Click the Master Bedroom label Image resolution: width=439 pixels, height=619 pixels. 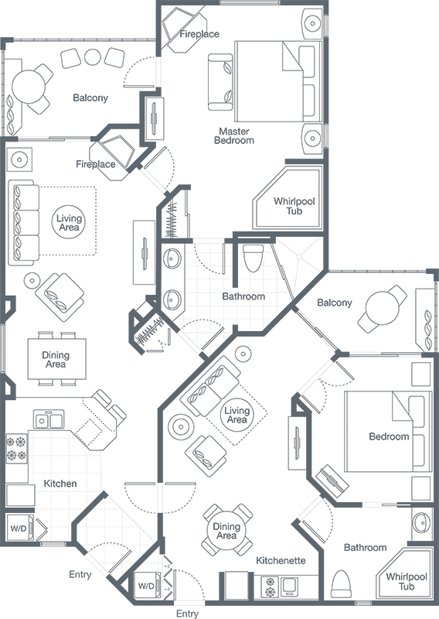point(235,135)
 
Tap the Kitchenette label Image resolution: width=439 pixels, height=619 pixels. point(281,560)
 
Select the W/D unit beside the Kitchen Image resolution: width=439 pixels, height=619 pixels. point(18,529)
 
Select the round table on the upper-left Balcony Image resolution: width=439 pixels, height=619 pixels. point(30,84)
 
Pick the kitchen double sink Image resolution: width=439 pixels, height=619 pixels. point(49,420)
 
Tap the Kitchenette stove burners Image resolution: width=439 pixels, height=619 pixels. point(270,587)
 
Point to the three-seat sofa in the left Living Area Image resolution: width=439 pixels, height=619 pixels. point(22,223)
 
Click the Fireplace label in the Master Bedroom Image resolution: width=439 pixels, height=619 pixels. point(199,34)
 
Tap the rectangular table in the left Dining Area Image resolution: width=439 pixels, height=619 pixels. point(56,359)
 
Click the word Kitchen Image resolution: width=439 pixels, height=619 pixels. point(60,484)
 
